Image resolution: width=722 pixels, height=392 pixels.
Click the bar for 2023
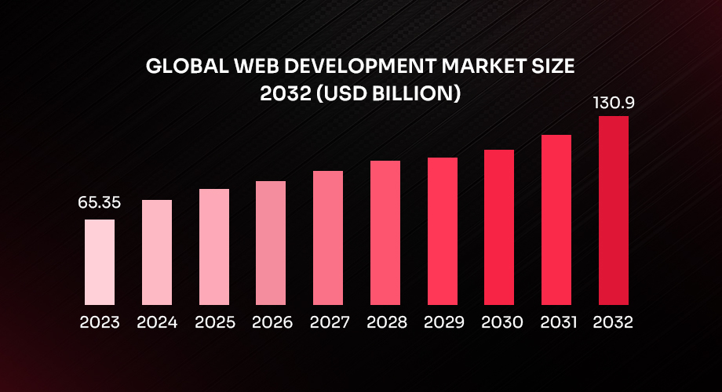[x=100, y=262]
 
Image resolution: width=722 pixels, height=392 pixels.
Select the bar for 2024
[x=157, y=252]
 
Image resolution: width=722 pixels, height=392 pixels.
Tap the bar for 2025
[x=214, y=247]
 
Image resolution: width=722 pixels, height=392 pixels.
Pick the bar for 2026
[x=271, y=243]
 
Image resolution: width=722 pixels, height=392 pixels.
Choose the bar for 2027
[x=328, y=238]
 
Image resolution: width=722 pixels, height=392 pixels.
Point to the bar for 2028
[x=385, y=233]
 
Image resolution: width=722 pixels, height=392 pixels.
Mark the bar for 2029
[x=443, y=231]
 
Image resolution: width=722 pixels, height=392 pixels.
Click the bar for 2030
[x=499, y=227]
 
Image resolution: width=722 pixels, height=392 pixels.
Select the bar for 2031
[x=556, y=220]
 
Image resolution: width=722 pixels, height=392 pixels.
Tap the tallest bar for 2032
[x=614, y=210]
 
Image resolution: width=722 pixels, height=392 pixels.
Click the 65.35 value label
[x=99, y=203]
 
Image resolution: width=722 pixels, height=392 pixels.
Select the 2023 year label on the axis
[x=100, y=322]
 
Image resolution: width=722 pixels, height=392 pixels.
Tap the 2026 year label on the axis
[x=272, y=322]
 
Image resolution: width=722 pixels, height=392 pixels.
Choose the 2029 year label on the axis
[x=443, y=322]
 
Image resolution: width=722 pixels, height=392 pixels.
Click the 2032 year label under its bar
[x=614, y=322]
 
